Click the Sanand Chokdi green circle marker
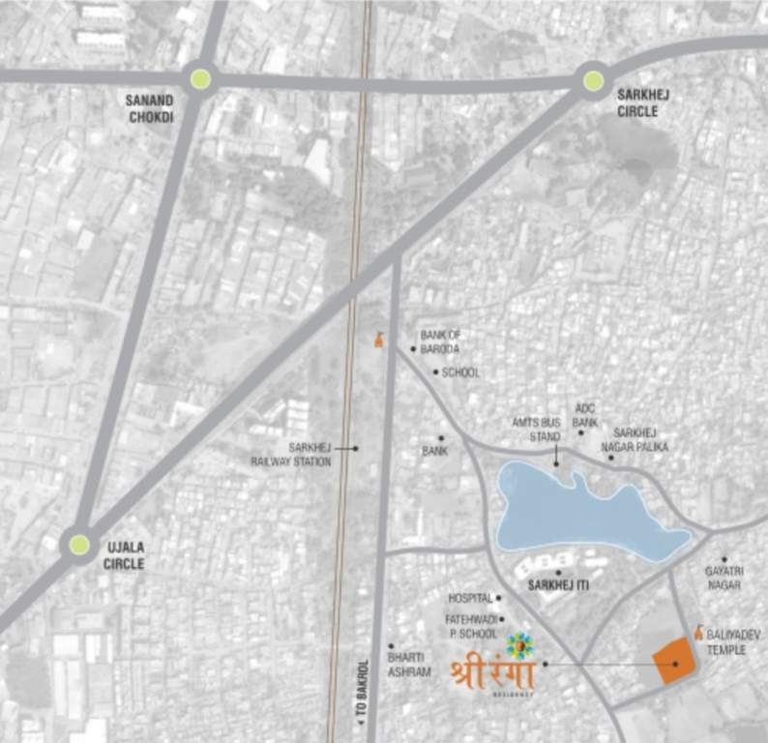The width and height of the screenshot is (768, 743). tap(200, 79)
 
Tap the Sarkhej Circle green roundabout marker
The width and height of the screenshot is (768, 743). tap(593, 80)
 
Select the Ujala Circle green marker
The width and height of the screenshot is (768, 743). tap(79, 544)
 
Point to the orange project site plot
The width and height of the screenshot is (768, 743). tap(675, 664)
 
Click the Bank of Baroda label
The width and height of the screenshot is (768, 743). tap(440, 342)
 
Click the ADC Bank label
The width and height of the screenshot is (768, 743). tap(585, 415)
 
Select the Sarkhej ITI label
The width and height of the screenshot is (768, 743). tap(559, 586)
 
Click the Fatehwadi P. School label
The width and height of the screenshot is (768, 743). tap(471, 625)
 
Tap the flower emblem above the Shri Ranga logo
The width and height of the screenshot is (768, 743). tap(518, 643)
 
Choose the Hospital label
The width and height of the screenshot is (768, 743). tap(470, 599)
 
